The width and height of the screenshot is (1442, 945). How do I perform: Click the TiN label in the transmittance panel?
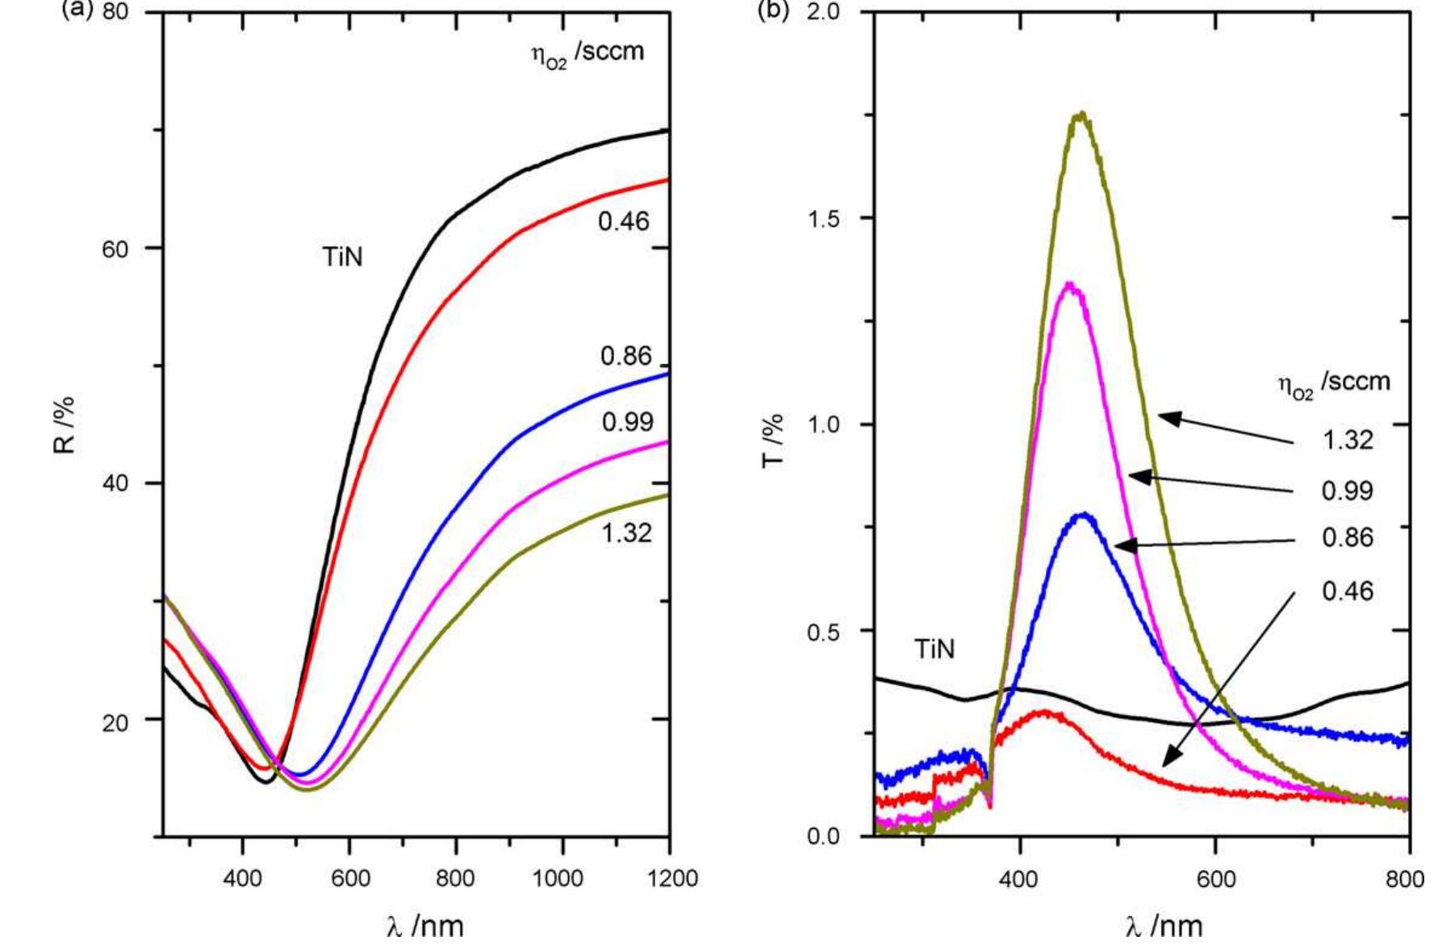click(x=934, y=650)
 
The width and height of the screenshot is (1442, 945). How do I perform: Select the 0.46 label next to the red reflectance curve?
click(x=623, y=221)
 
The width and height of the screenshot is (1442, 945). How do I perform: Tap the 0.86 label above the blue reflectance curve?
click(x=625, y=356)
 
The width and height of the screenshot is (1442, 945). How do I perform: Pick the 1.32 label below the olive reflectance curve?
click(x=626, y=533)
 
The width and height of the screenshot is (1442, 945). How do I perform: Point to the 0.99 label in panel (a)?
click(x=627, y=422)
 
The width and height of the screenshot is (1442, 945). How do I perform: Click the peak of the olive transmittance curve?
click(x=1081, y=115)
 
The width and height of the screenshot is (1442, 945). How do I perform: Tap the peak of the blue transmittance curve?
click(x=1084, y=515)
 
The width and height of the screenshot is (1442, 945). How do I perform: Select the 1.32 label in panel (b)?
click(x=1347, y=441)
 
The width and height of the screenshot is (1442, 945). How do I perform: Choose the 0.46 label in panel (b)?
click(x=1347, y=592)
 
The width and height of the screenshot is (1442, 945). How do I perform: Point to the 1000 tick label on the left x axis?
click(x=562, y=879)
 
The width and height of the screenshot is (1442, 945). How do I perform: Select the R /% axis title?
click(x=65, y=425)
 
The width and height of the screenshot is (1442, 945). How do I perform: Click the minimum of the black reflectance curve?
click(x=265, y=781)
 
